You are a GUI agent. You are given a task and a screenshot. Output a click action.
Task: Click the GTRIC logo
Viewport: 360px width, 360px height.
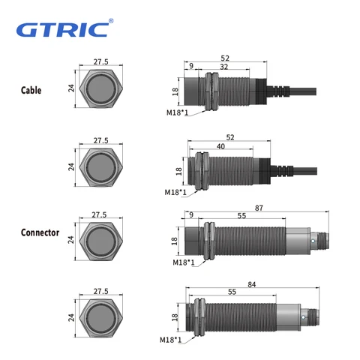(x=63, y=31)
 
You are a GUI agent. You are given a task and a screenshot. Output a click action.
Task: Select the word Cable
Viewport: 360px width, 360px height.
(x=31, y=91)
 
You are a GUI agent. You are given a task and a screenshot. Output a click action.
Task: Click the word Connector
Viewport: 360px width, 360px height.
(x=40, y=232)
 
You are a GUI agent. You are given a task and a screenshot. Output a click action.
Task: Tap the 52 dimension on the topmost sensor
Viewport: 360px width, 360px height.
(x=226, y=57)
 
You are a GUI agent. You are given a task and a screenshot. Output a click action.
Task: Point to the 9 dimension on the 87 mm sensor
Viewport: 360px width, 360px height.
(x=191, y=214)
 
